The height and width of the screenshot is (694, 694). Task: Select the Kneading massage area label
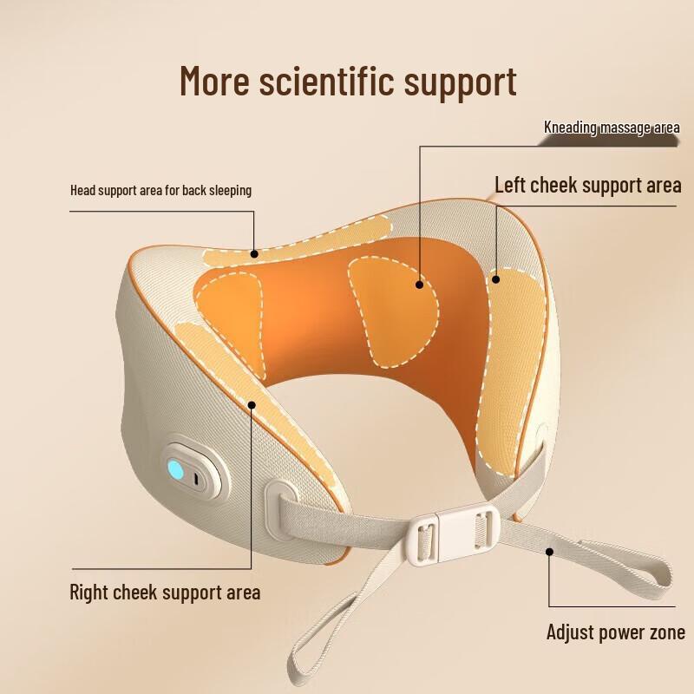[612, 128]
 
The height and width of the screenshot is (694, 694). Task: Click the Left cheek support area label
[587, 185]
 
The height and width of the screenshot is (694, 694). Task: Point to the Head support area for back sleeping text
[160, 190]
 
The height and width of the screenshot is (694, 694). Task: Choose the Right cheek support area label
[165, 593]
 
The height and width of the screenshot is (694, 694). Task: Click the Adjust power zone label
[615, 632]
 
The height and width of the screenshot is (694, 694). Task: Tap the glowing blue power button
[177, 471]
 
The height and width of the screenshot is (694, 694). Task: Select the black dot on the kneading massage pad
[418, 284]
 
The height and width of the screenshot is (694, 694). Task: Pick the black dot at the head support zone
[255, 254]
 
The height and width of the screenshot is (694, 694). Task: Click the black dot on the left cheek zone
[496, 279]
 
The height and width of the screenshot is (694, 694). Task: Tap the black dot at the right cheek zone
[252, 403]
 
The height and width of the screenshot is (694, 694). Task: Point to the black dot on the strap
[549, 550]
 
